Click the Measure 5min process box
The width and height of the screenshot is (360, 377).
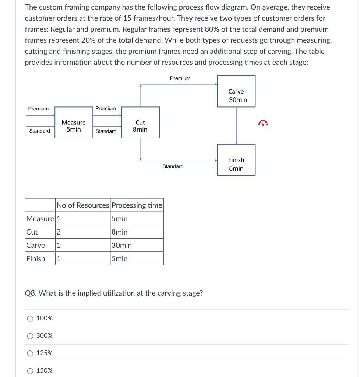pos(74,123)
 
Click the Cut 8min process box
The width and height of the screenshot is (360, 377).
pos(140,123)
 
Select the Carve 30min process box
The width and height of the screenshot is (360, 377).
pos(236,92)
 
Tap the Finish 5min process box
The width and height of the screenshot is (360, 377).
pos(236,160)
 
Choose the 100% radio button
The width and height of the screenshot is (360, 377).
pos(30,318)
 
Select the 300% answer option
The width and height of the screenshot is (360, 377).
pos(30,336)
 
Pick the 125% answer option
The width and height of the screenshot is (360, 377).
pos(30,353)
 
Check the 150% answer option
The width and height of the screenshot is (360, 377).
pos(30,371)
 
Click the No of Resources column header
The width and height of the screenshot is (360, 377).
pos(83,205)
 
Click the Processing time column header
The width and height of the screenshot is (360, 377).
pos(137,205)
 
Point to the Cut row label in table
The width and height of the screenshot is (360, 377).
pos(32,232)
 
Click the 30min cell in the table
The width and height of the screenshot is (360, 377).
pos(121,245)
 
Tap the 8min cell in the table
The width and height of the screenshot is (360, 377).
pos(120,232)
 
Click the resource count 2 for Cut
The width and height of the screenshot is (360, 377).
pos(58,232)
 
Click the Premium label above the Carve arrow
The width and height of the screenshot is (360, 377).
pos(180,78)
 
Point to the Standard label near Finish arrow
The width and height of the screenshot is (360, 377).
pos(173,166)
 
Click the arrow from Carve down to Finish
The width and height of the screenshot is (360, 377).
pos(236,125)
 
